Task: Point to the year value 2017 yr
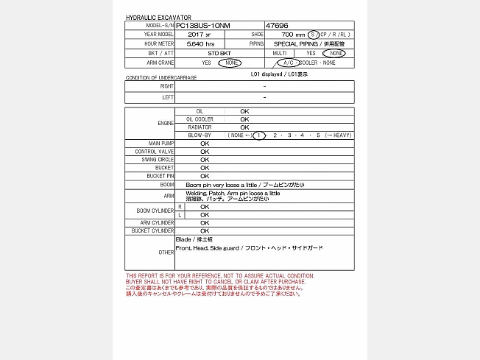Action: [199, 35]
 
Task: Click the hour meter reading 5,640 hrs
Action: [200, 44]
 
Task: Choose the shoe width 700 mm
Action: [293, 35]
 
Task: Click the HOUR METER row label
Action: [159, 44]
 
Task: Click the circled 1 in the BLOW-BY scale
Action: [258, 135]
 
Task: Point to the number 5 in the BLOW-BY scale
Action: [318, 135]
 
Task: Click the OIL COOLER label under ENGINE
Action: [200, 119]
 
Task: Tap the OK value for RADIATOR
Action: [244, 127]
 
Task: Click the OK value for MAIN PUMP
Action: [205, 144]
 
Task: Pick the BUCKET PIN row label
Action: [160, 176]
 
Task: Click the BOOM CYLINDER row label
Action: [155, 211]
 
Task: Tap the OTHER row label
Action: [166, 253]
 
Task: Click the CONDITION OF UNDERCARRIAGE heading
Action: [160, 77]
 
